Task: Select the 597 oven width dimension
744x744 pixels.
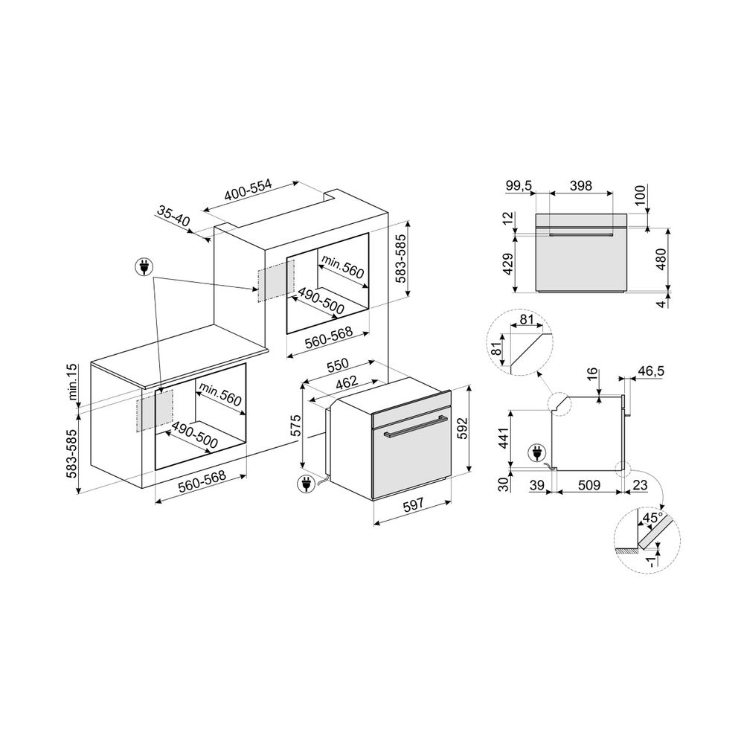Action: (413, 505)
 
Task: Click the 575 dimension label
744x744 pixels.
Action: (295, 426)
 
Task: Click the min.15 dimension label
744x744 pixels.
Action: (71, 382)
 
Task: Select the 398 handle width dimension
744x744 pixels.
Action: (581, 185)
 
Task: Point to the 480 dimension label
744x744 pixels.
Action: (661, 259)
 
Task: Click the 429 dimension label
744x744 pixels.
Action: (507, 264)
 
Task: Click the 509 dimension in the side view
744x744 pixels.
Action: (589, 485)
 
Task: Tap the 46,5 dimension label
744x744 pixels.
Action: (650, 371)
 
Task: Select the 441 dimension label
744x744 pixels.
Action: (504, 437)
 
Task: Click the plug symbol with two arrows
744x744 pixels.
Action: (144, 268)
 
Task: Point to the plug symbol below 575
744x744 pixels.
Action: (304, 484)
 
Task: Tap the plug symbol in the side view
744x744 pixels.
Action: (536, 452)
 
